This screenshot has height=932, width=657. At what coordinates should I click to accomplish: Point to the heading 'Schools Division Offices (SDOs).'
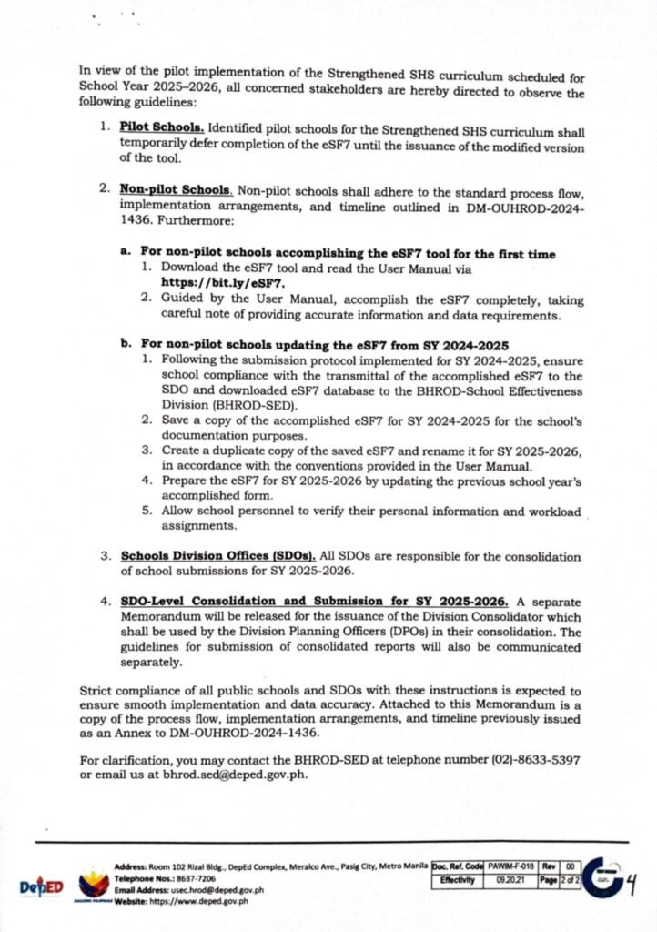coord(217,555)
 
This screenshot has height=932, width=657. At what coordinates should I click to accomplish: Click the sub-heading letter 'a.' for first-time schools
coord(126,253)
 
